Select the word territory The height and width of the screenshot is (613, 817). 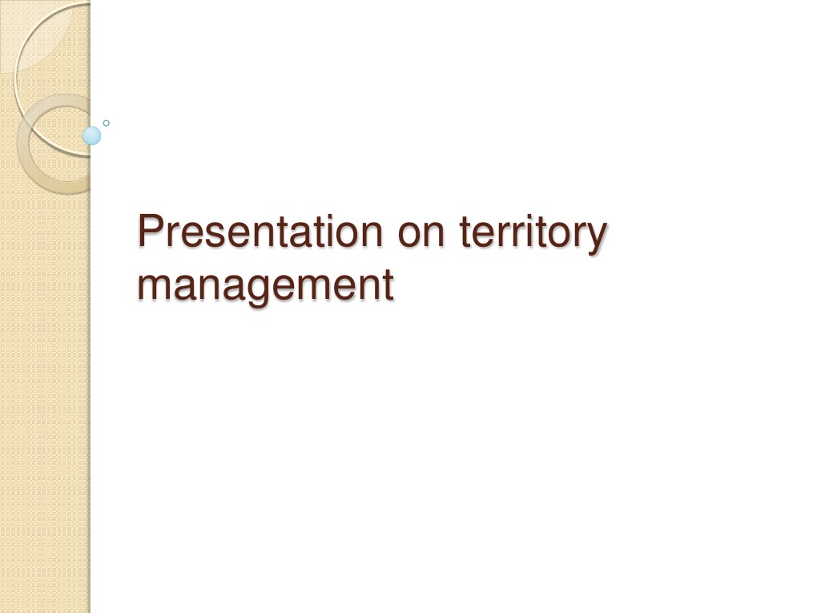[x=533, y=233]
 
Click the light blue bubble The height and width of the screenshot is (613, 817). [x=92, y=135]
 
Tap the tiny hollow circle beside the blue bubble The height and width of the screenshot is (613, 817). [x=106, y=123]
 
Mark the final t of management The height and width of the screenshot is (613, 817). [x=387, y=284]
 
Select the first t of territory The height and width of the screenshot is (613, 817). [x=466, y=232]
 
